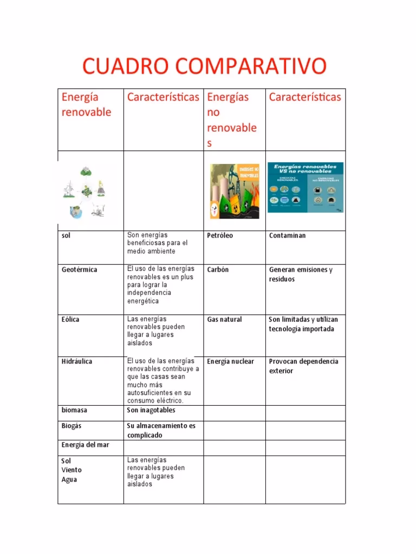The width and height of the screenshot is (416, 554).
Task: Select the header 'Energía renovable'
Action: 86,104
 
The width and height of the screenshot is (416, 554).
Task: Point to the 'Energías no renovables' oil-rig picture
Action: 234,191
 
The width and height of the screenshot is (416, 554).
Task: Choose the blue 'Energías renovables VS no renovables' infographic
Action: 305,187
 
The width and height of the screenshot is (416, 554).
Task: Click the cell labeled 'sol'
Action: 66,236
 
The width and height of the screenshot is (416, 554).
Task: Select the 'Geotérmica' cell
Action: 80,269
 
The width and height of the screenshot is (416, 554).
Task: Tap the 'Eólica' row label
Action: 70,319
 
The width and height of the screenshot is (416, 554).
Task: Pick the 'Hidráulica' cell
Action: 77,361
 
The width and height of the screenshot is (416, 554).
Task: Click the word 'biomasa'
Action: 74,410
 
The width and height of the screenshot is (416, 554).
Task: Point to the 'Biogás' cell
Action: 71,426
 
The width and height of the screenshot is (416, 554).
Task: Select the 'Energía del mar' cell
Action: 85,445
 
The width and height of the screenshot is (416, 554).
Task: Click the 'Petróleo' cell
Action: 220,236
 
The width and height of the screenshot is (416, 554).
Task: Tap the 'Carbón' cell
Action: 218,269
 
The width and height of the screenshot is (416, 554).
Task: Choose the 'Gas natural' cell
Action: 224,319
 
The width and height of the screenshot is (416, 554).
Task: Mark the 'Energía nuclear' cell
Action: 230,361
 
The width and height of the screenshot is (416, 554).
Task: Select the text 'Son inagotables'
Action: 151,410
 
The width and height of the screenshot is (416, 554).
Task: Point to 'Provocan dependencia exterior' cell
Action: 303,366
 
